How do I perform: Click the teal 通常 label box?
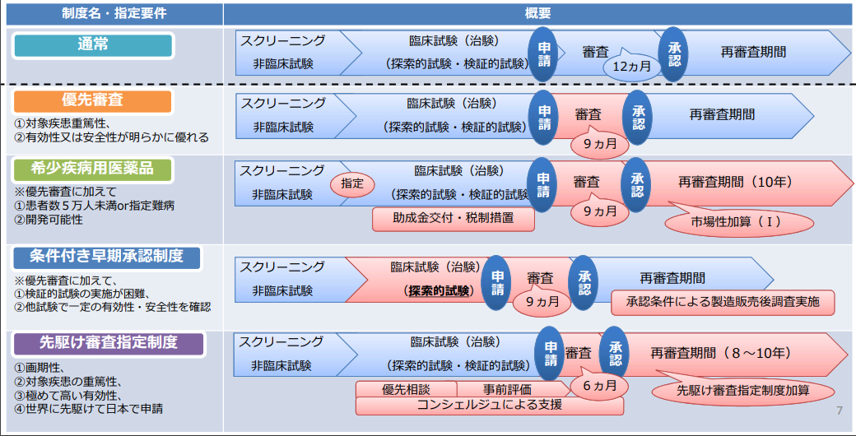click(93, 45)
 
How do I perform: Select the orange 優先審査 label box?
click(91, 101)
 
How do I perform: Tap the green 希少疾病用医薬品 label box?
click(91, 169)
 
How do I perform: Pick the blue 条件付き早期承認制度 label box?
click(107, 257)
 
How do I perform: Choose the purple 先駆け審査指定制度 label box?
click(108, 344)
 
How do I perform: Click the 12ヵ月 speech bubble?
click(632, 67)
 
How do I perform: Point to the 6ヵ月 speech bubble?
click(599, 385)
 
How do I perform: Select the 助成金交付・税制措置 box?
click(454, 219)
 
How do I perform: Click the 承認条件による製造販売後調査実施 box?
click(723, 302)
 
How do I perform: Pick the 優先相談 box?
click(406, 390)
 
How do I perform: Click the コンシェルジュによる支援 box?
click(489, 406)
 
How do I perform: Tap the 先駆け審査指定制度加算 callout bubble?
click(742, 390)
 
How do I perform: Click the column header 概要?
click(537, 14)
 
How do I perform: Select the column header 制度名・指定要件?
click(114, 14)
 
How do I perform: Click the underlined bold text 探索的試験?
click(440, 291)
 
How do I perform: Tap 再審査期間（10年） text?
click(735, 181)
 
